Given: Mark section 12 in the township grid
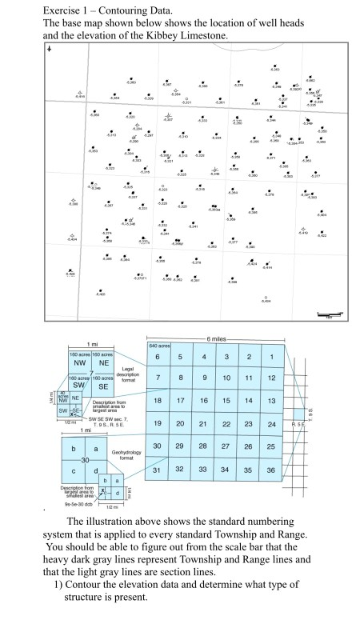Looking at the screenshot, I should (272, 377).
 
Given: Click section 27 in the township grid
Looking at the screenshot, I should (227, 445).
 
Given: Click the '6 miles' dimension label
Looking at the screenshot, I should (217, 339).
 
